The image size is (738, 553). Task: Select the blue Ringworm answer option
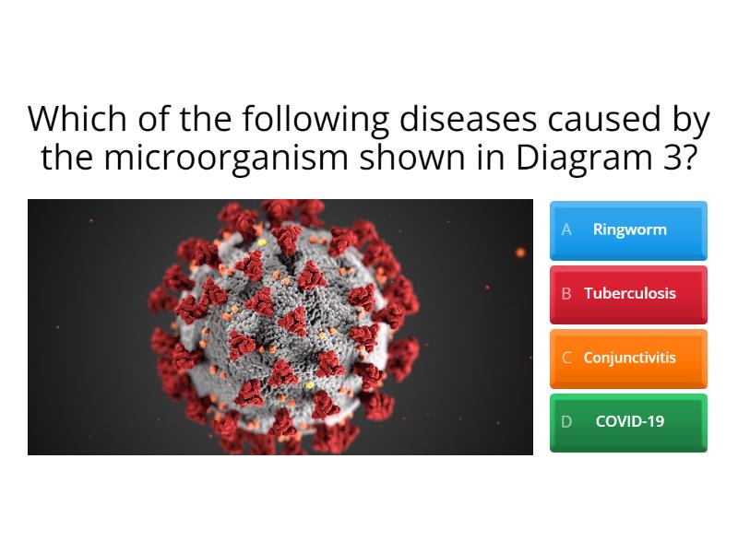[x=628, y=229]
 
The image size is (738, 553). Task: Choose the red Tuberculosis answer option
[x=628, y=294]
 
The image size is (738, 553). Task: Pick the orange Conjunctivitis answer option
[x=628, y=358]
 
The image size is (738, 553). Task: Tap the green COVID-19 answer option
[x=628, y=421]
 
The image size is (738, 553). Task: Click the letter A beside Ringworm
[x=566, y=229]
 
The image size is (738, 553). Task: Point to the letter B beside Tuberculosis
[x=566, y=294]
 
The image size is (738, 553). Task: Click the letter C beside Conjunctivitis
[x=566, y=358]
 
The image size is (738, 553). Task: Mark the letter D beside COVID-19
[x=566, y=421]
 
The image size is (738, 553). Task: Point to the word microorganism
[x=224, y=158]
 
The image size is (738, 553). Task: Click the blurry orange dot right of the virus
[x=520, y=252]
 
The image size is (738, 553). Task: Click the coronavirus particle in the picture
[x=281, y=327]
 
